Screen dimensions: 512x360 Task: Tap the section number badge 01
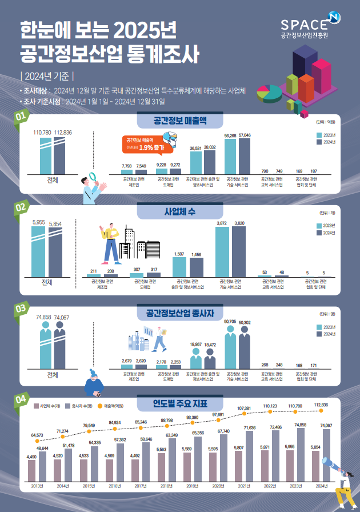tap(21, 117)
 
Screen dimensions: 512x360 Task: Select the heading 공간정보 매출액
tap(179, 121)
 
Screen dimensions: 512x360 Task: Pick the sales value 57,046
tap(244, 136)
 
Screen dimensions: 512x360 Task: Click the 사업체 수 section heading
tap(179, 211)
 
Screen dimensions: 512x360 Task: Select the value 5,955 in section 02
tap(39, 222)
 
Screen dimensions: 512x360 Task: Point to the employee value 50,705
tap(230, 322)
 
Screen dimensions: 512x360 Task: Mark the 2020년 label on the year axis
tap(218, 486)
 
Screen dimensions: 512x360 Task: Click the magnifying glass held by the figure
tap(93, 179)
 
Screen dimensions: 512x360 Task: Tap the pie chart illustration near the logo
tap(268, 91)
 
